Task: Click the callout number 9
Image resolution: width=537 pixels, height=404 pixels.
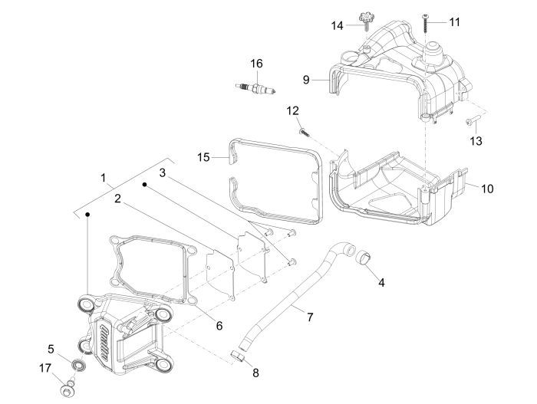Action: tap(306, 79)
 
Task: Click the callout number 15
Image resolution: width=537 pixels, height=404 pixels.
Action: tap(203, 157)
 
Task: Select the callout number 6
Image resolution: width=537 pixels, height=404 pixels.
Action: tap(219, 325)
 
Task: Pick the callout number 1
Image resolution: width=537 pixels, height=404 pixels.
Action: tap(104, 177)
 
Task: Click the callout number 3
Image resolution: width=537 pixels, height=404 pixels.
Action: tap(162, 173)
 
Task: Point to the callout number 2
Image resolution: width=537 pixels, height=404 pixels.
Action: tap(117, 199)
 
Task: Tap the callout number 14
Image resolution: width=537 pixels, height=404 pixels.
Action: tap(337, 25)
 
